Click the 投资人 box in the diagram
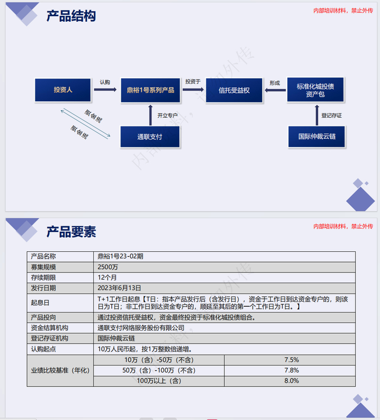(x=63, y=90)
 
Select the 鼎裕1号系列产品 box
(x=150, y=90)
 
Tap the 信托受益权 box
(x=234, y=90)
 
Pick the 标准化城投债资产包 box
(x=315, y=90)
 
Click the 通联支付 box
(x=150, y=137)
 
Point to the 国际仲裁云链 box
(x=316, y=137)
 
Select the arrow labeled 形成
(x=275, y=90)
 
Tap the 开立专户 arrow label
(x=167, y=115)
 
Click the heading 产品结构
(x=71, y=16)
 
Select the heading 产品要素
(x=71, y=232)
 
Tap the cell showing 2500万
(x=105, y=267)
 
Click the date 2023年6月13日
(x=119, y=288)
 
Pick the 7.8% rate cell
(x=292, y=370)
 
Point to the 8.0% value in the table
(x=292, y=380)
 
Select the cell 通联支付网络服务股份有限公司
(x=141, y=328)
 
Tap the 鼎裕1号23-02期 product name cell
(x=121, y=256)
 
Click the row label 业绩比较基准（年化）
(x=60, y=370)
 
